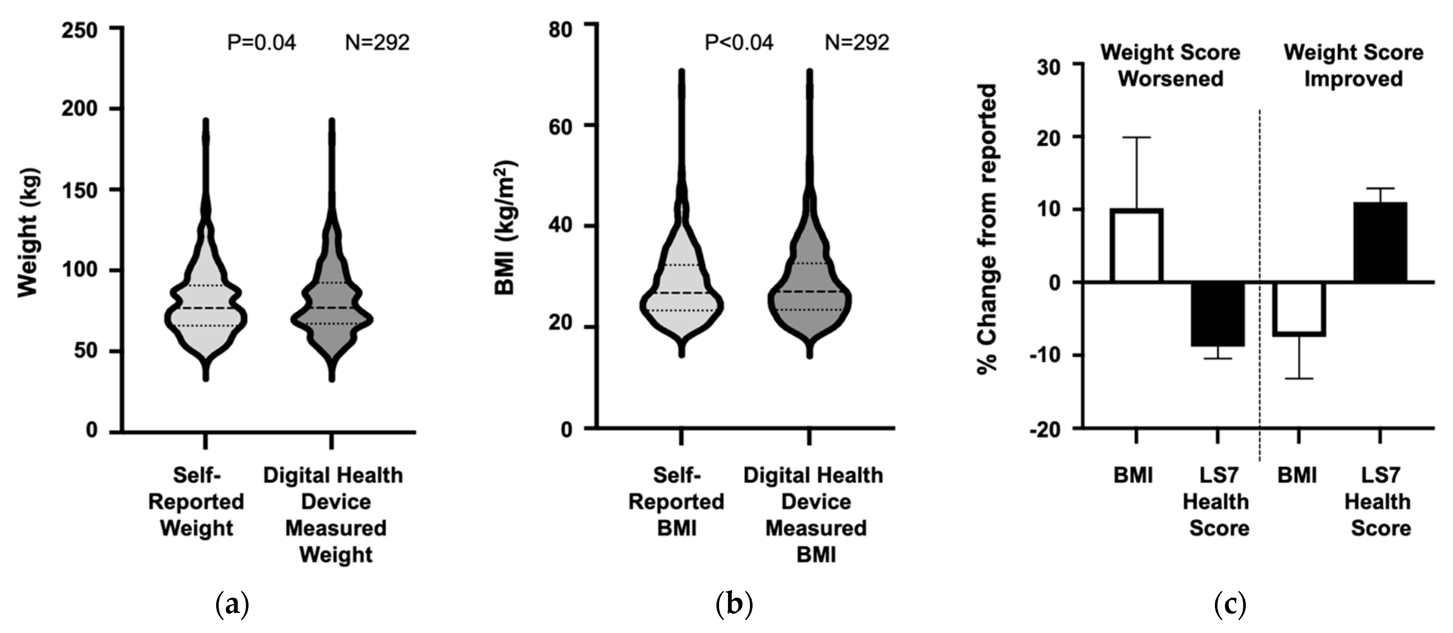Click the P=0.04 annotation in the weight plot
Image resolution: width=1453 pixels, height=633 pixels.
click(261, 43)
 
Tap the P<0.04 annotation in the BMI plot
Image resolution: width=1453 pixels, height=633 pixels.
click(739, 43)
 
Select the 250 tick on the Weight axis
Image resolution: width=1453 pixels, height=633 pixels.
click(80, 30)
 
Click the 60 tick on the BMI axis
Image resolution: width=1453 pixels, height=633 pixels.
click(560, 126)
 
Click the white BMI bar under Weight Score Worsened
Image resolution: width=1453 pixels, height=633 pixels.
click(1136, 245)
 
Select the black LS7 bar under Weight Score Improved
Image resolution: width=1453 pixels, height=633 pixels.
click(1380, 242)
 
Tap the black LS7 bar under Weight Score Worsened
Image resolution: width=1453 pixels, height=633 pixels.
click(1218, 314)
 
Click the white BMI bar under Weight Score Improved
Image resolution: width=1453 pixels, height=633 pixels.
click(1299, 309)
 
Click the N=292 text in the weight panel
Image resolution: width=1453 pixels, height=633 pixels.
click(377, 43)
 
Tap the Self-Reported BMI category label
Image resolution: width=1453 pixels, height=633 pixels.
click(676, 502)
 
